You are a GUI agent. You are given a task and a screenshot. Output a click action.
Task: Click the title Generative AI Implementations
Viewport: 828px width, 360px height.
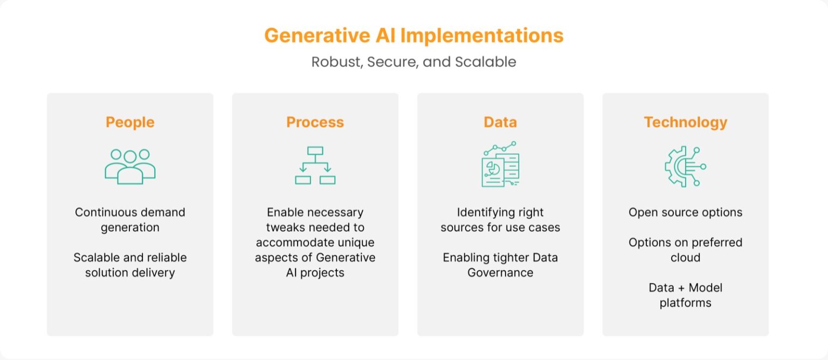tap(413, 36)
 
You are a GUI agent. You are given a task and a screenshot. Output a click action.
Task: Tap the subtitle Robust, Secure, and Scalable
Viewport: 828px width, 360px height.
tap(413, 62)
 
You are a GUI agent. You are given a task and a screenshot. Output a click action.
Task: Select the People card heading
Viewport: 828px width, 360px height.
tap(130, 122)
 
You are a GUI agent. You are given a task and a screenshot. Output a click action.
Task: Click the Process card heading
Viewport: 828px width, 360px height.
tap(315, 122)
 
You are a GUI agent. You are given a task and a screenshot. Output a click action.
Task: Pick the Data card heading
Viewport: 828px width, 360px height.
tap(500, 122)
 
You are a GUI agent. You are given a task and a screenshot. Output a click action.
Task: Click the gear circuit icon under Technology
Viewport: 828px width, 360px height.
tap(685, 167)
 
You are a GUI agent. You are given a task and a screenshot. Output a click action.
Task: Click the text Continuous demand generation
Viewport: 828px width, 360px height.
tap(130, 219)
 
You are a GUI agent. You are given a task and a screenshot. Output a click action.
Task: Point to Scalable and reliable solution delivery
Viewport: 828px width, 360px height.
tap(130, 265)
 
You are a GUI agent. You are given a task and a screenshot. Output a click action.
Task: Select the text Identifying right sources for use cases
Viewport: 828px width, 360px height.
tap(500, 219)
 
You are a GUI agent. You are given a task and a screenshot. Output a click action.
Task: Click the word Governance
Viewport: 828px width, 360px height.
tap(500, 272)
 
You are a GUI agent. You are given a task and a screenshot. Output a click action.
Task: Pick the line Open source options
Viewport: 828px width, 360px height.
tap(685, 212)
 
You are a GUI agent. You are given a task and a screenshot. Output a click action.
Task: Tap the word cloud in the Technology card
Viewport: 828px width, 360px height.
tap(685, 257)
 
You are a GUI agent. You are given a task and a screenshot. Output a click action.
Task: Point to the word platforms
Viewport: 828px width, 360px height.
tap(685, 303)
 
